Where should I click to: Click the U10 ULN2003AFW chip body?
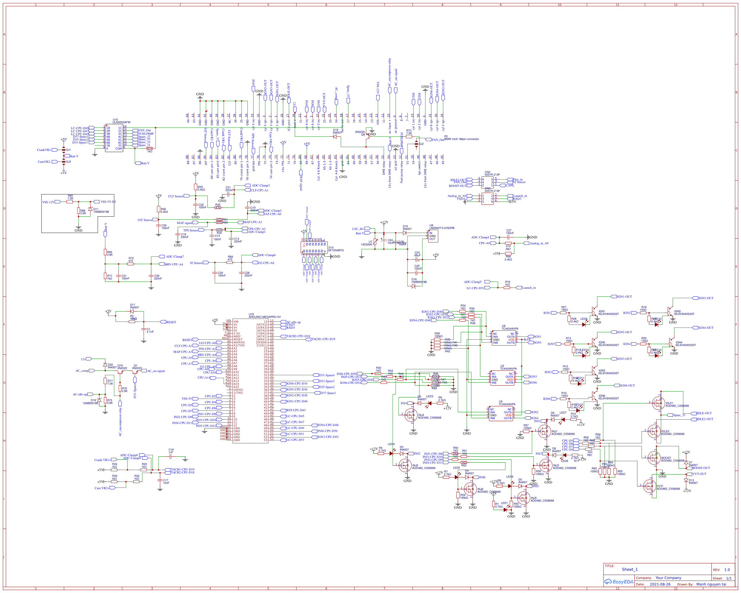(114, 138)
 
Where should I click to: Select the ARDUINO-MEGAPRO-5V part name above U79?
(264, 317)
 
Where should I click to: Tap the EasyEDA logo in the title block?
(619, 582)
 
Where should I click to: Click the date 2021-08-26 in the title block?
(660, 584)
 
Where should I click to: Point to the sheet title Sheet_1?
(630, 569)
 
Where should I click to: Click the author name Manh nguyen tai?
(711, 584)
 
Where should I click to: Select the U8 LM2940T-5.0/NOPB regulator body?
(433, 236)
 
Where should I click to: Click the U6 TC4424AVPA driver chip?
(504, 338)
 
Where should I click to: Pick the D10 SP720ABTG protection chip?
(314, 247)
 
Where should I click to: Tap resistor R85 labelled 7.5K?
(69, 202)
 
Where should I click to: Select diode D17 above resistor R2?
(132, 311)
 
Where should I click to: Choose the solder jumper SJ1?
(64, 150)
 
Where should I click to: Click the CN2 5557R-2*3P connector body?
(487, 182)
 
